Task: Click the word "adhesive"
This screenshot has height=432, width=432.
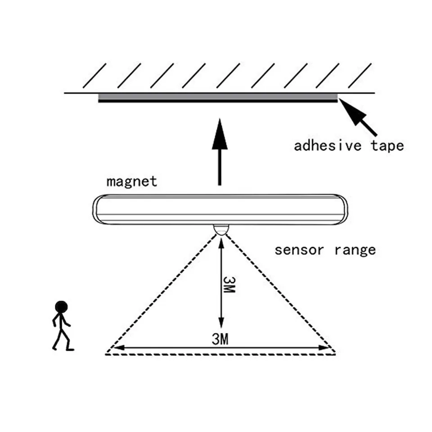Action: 329,146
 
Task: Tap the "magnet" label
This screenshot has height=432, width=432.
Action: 132,181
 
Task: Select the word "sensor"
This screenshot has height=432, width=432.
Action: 299,250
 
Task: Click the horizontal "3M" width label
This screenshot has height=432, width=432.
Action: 220,339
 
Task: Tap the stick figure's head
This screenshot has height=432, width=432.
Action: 61,307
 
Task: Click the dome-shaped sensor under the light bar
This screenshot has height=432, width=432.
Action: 221,229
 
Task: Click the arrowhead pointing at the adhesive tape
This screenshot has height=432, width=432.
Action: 353,112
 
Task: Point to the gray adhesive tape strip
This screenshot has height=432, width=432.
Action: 218,96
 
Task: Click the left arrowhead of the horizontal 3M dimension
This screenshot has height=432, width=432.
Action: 117,347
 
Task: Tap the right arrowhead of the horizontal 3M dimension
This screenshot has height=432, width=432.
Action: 325,347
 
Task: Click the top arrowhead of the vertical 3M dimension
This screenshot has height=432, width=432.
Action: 221,243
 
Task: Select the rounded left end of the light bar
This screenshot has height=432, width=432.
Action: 98,210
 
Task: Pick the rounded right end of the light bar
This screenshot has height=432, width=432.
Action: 342,210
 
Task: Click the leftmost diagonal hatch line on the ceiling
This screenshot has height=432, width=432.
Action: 94,75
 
